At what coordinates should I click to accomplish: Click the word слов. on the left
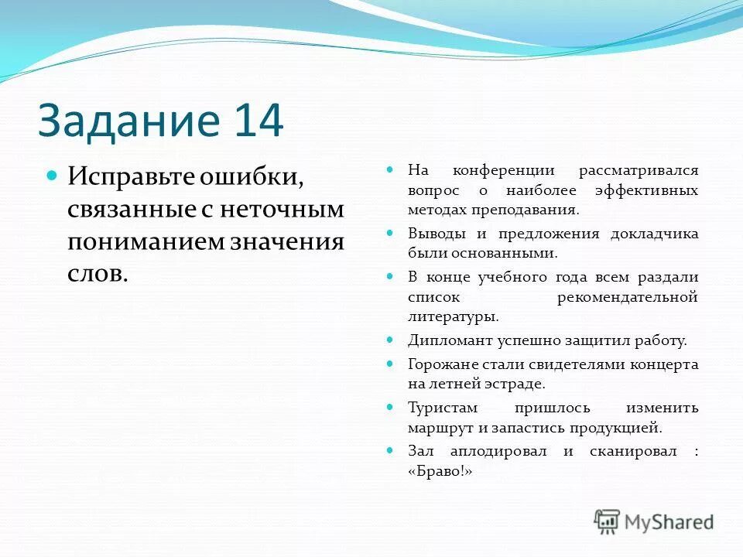coord(97,274)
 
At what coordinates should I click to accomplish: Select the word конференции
coord(502,169)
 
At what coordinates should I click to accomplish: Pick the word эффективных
coord(646,190)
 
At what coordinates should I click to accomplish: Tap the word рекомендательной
coord(627,296)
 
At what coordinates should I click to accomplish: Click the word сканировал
coord(630,450)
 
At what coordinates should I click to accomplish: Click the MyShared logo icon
coord(608,521)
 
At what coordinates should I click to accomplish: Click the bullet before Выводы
coord(392,233)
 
